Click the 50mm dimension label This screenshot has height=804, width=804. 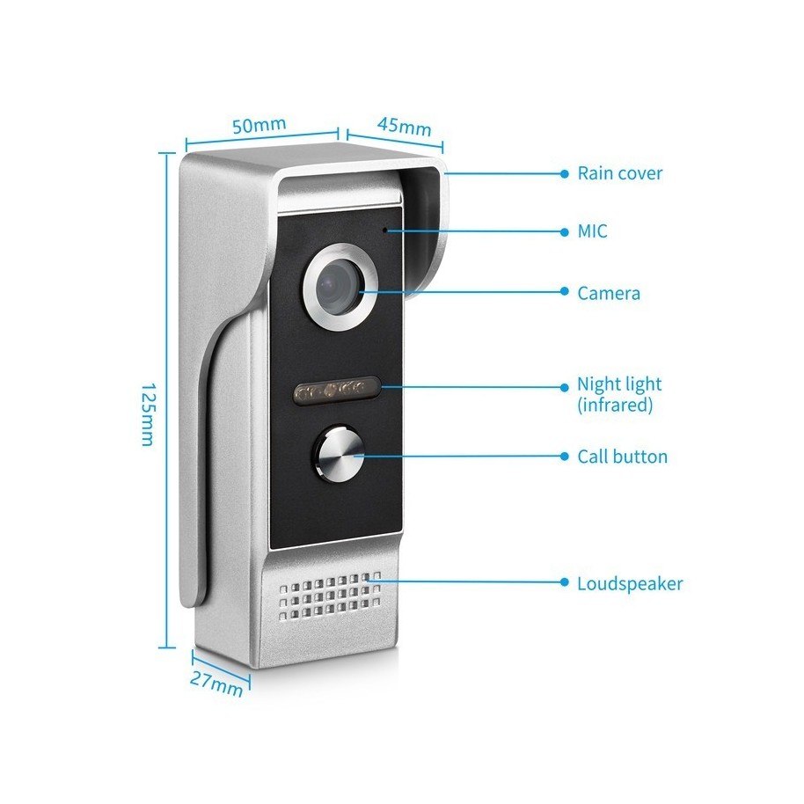pos(259,125)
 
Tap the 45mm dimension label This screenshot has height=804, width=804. pos(405,126)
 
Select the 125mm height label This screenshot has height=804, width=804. pos(148,413)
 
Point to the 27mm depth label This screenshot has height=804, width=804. pos(216,683)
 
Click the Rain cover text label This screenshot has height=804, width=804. pos(620,173)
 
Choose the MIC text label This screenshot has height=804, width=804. pos(592,231)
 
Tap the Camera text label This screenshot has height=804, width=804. pos(609,293)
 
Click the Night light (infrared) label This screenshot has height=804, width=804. pos(619,394)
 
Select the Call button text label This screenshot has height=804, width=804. pos(623,457)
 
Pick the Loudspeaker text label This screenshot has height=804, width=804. pos(630,583)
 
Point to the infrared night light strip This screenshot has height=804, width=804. pos(336,391)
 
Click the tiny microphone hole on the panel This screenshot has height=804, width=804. pos(385,230)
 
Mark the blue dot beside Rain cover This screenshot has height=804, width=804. pos(565,174)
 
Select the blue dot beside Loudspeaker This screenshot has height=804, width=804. pos(565,582)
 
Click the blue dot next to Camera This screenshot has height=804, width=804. pos(565,291)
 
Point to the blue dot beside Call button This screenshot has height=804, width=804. pos(565,456)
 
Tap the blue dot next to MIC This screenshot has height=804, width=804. pos(565,231)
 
